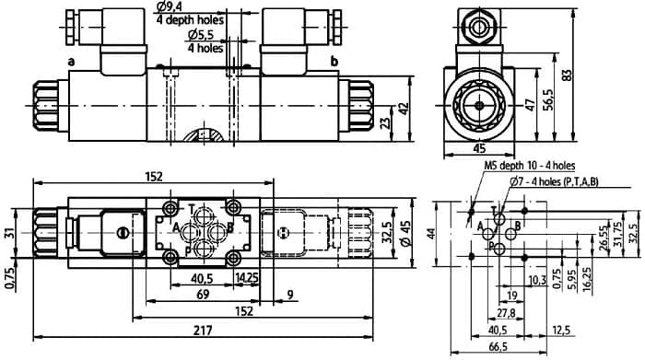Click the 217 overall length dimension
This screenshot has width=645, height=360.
tap(204, 330)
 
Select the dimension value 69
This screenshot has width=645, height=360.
tap(203, 295)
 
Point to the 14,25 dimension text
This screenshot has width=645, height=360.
tap(246, 278)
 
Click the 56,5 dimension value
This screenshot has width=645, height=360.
tap(548, 99)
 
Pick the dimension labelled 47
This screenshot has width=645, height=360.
tap(531, 104)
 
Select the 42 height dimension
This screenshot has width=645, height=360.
tap(404, 108)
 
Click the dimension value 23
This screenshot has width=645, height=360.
tap(385, 122)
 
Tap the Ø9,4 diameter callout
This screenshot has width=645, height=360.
tap(170, 6)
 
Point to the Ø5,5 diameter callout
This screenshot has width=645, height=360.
tap(201, 35)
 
